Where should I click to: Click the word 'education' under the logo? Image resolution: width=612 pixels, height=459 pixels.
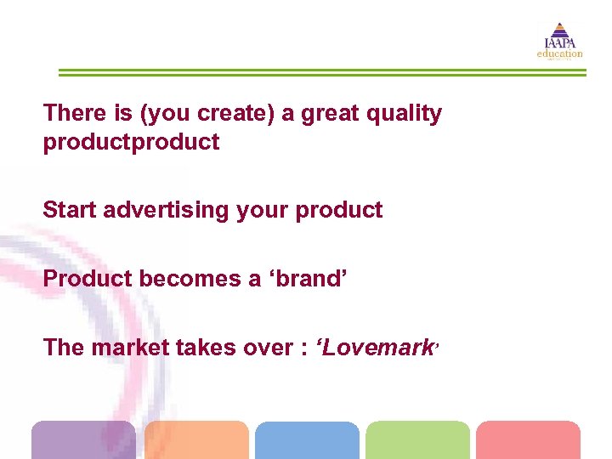[560, 54]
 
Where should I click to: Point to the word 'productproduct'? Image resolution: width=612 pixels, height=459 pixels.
[131, 142]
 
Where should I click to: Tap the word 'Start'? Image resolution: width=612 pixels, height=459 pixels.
[71, 210]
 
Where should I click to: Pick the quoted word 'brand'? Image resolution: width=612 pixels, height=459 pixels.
[308, 278]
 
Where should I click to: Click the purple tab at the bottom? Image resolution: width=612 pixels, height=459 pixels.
[83, 439]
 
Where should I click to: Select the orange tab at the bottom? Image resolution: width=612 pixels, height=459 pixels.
[196, 439]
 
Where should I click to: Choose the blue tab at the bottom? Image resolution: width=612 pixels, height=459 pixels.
[307, 439]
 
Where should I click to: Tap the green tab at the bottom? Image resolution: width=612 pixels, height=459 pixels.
[417, 439]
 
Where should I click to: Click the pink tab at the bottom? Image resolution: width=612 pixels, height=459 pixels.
[528, 439]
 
